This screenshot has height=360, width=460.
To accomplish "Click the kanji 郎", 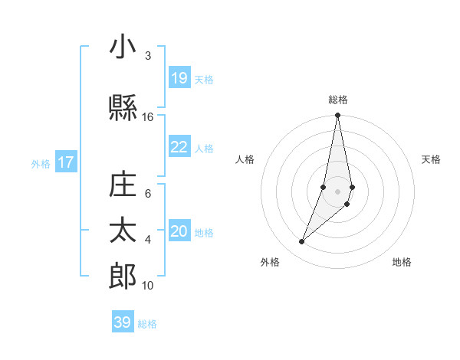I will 122,276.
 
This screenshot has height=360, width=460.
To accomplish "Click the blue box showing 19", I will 179,78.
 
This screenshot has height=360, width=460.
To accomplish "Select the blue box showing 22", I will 179,147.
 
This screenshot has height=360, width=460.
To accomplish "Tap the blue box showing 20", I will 179,232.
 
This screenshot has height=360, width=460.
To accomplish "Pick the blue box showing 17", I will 66,162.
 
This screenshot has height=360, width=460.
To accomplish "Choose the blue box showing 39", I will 123,322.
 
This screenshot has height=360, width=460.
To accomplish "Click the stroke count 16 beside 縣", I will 148,117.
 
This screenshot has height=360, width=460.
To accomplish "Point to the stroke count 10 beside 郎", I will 148,285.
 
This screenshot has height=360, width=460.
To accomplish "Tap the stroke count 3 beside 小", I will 148,56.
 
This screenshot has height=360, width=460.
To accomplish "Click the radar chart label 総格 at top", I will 337,100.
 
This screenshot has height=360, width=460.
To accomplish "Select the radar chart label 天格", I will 432,159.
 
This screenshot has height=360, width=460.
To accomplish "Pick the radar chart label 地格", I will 402,263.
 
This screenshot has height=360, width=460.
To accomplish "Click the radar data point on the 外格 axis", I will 302,242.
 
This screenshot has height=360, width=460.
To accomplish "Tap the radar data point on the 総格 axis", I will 337,116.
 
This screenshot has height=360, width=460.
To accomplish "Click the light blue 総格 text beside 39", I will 147,324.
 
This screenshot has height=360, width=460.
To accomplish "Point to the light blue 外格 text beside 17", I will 41,163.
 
